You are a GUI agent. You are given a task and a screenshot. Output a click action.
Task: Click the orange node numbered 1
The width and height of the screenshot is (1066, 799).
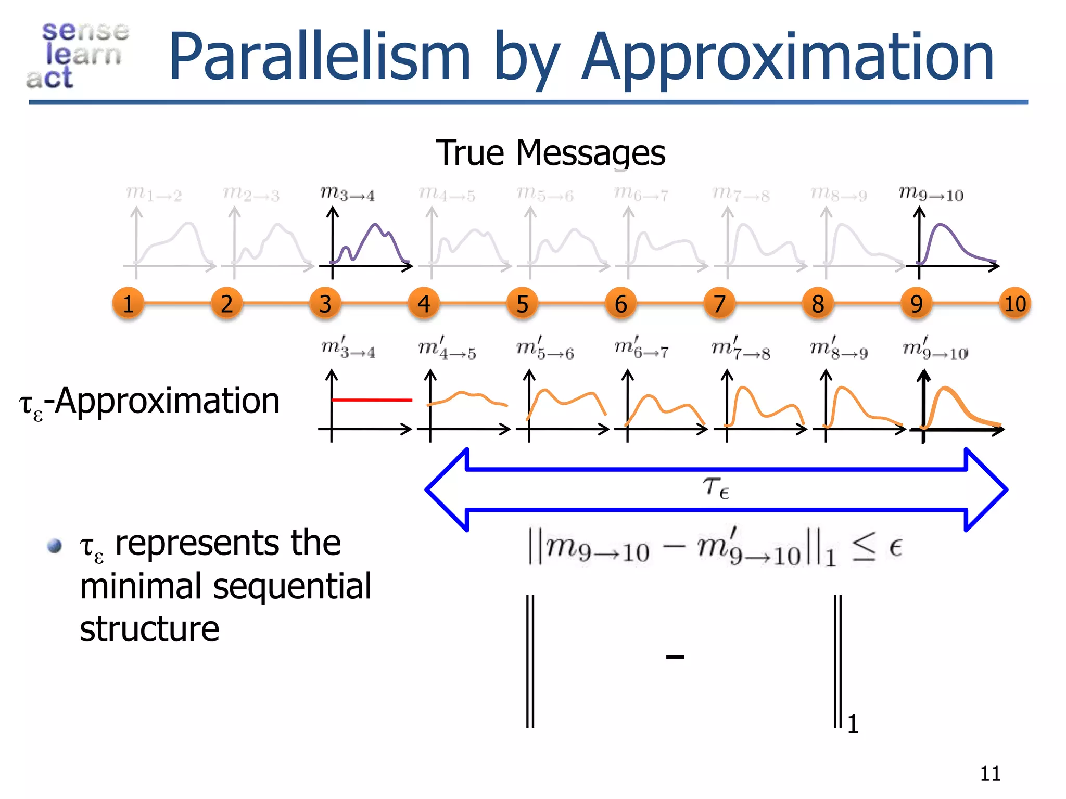point(128,303)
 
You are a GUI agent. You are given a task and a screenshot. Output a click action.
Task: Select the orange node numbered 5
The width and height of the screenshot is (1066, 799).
point(522,303)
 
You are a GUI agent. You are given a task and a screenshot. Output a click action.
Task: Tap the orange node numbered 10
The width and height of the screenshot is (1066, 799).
point(1015,303)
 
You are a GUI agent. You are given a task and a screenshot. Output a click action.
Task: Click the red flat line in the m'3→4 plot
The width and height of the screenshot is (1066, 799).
point(372,400)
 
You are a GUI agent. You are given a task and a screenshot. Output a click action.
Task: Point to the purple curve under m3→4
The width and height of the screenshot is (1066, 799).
point(375,226)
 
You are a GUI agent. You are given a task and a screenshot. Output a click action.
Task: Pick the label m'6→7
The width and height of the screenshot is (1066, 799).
point(641,347)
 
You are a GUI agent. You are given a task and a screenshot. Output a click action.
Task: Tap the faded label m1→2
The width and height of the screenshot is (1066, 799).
point(154,194)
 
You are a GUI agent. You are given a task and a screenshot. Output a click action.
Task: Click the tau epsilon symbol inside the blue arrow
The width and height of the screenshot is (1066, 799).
point(716,488)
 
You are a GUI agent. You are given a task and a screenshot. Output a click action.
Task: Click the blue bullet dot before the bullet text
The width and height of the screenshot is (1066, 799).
point(54,546)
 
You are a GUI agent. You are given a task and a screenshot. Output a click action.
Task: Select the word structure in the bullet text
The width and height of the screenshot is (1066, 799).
point(149,629)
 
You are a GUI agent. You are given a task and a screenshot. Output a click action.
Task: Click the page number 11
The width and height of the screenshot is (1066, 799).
point(990,774)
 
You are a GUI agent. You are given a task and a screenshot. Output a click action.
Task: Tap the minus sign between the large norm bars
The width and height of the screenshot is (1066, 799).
point(675,657)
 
